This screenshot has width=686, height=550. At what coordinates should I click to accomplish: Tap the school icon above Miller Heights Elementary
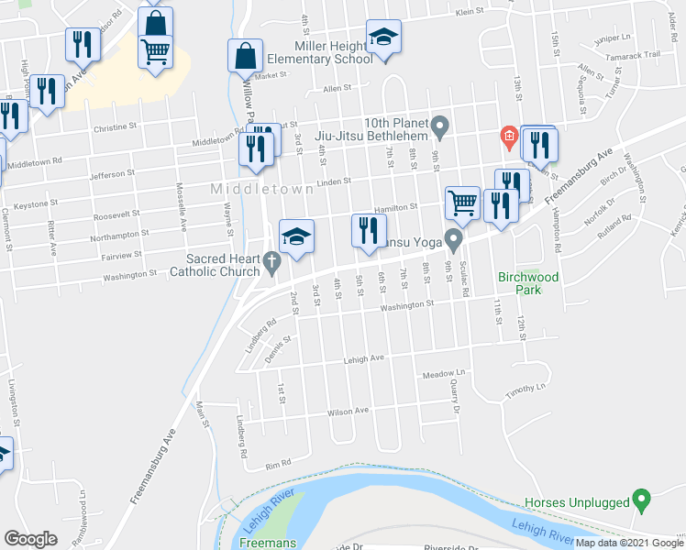[383, 38]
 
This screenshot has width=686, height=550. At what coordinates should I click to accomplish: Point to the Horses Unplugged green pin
[642, 500]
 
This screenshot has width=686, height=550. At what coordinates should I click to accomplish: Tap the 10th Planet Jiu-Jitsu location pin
[440, 124]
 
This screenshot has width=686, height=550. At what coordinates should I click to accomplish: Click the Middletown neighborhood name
[254, 189]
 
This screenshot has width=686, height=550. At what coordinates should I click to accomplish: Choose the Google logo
[30, 539]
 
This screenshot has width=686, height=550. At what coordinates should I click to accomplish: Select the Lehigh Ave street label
[364, 359]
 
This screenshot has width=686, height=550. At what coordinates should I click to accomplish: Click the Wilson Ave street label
[349, 412]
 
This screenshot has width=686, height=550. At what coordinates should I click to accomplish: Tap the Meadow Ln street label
[444, 375]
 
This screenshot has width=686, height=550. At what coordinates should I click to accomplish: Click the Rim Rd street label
[278, 465]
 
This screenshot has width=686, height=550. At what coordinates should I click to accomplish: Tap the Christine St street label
[115, 128]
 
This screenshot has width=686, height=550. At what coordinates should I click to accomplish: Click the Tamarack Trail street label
[639, 55]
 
